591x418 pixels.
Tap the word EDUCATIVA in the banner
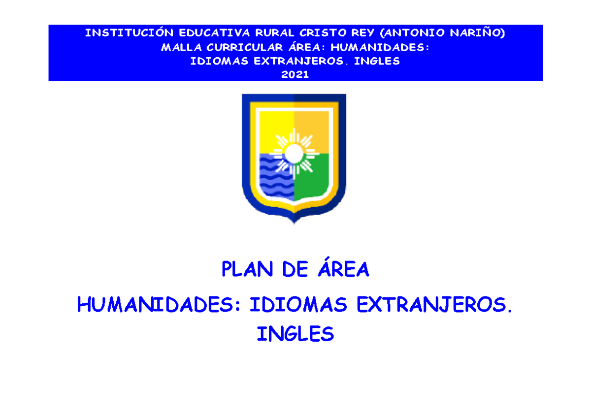point(195,33)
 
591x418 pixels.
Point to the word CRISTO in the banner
point(311,33)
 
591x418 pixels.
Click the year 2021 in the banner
point(295,75)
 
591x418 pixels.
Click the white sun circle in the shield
point(294,153)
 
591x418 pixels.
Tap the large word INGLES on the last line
point(295,335)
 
